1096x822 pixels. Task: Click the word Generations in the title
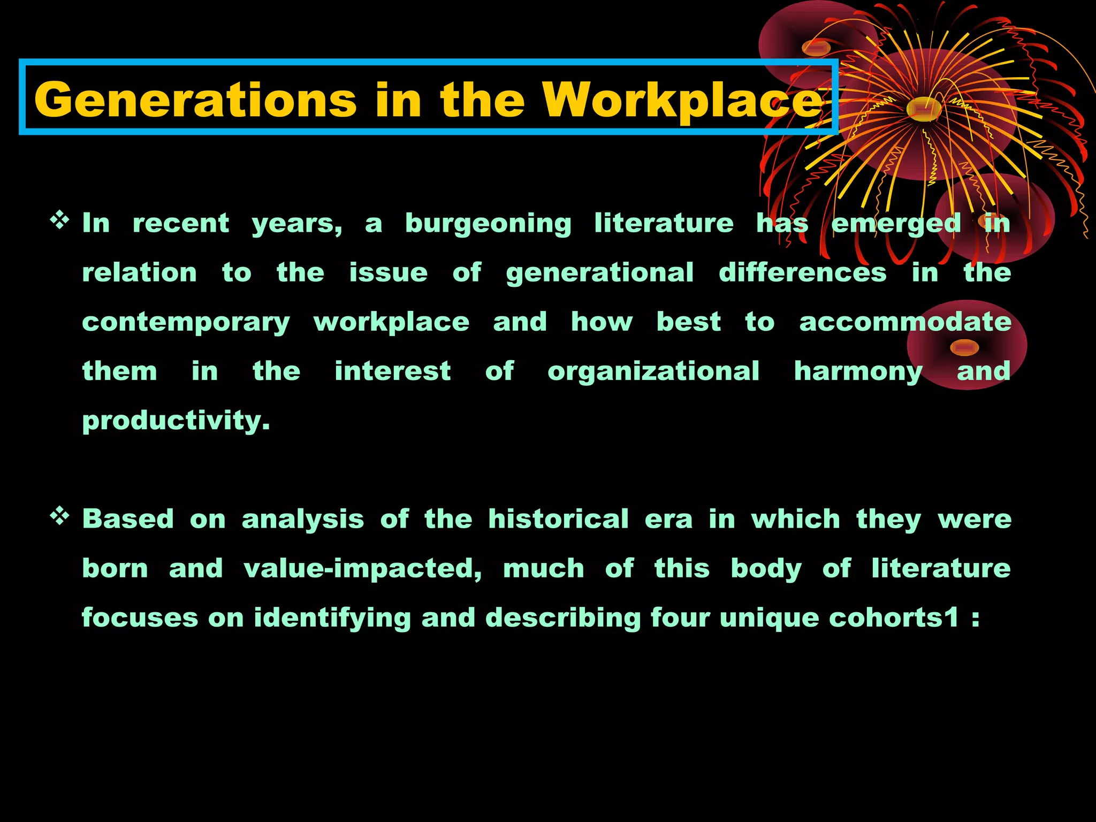tap(195, 100)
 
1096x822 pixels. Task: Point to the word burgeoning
tap(488, 224)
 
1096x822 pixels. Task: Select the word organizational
tap(653, 371)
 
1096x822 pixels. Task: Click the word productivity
tap(176, 421)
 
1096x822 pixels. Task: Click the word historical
tap(558, 519)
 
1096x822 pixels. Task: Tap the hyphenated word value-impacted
tap(362, 569)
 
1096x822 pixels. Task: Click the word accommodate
tap(905, 322)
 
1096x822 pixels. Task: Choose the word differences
tap(802, 272)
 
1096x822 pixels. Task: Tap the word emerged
tap(896, 224)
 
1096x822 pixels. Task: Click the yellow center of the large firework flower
tap(924, 110)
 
